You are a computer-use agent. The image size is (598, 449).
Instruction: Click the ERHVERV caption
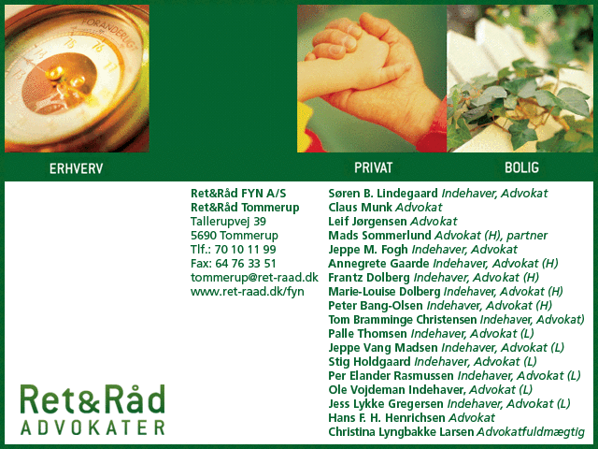77,168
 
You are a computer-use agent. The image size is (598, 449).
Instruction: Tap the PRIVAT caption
374,167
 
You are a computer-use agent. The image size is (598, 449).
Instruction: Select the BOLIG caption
521,167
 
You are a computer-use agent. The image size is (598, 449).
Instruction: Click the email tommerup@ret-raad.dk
254,278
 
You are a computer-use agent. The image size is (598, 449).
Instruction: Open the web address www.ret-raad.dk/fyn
248,292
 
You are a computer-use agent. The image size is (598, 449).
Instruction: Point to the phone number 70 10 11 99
245,250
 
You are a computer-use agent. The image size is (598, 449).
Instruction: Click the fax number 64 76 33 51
246,264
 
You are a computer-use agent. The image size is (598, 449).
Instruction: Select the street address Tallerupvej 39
228,222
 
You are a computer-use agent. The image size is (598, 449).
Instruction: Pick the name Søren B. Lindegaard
383,194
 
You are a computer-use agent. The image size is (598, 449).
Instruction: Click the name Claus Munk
360,208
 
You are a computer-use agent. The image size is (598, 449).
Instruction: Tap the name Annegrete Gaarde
378,264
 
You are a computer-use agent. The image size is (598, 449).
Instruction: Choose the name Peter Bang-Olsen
376,306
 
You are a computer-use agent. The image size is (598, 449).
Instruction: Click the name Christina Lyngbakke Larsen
401,432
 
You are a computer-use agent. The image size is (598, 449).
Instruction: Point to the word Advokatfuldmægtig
531,432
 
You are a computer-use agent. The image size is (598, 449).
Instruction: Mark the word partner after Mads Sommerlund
527,236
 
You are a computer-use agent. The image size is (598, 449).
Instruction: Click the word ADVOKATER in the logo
93,428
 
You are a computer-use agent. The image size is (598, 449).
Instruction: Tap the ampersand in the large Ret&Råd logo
90,400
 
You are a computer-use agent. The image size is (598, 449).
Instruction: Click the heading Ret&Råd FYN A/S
238,194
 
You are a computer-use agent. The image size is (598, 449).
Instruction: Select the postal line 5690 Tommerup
235,236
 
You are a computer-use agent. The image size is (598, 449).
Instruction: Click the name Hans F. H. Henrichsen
387,418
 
